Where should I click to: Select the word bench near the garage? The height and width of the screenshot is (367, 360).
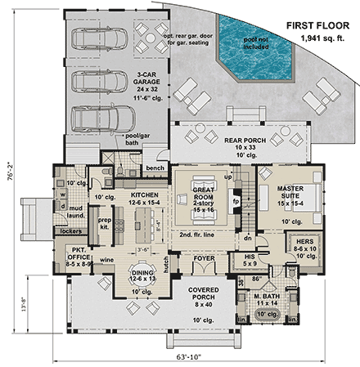pyautogui.click(x=155, y=167)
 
